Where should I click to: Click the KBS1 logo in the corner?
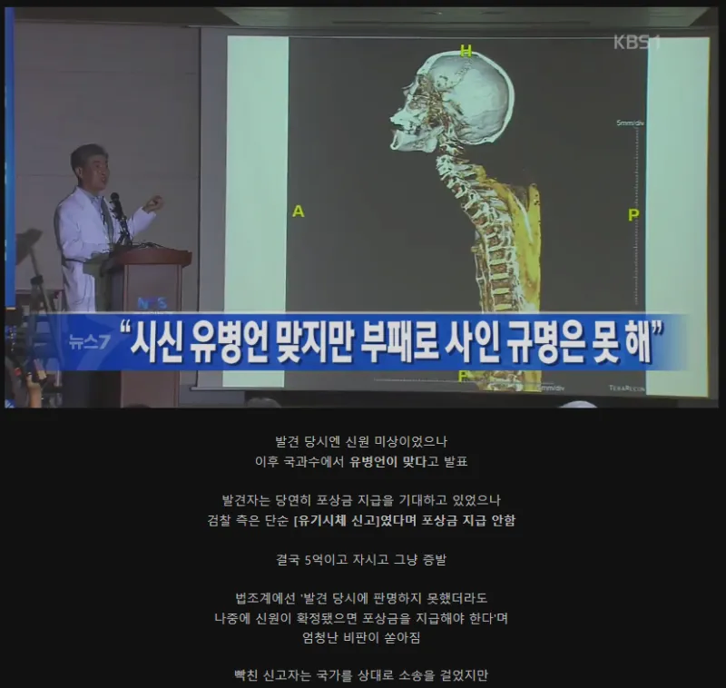point(636,42)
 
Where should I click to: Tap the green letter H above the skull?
point(466,51)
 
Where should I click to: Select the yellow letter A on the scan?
point(298,211)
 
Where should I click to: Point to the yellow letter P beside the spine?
point(633,214)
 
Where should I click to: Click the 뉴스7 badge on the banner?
point(88,342)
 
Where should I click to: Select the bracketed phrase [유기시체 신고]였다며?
point(364,520)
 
